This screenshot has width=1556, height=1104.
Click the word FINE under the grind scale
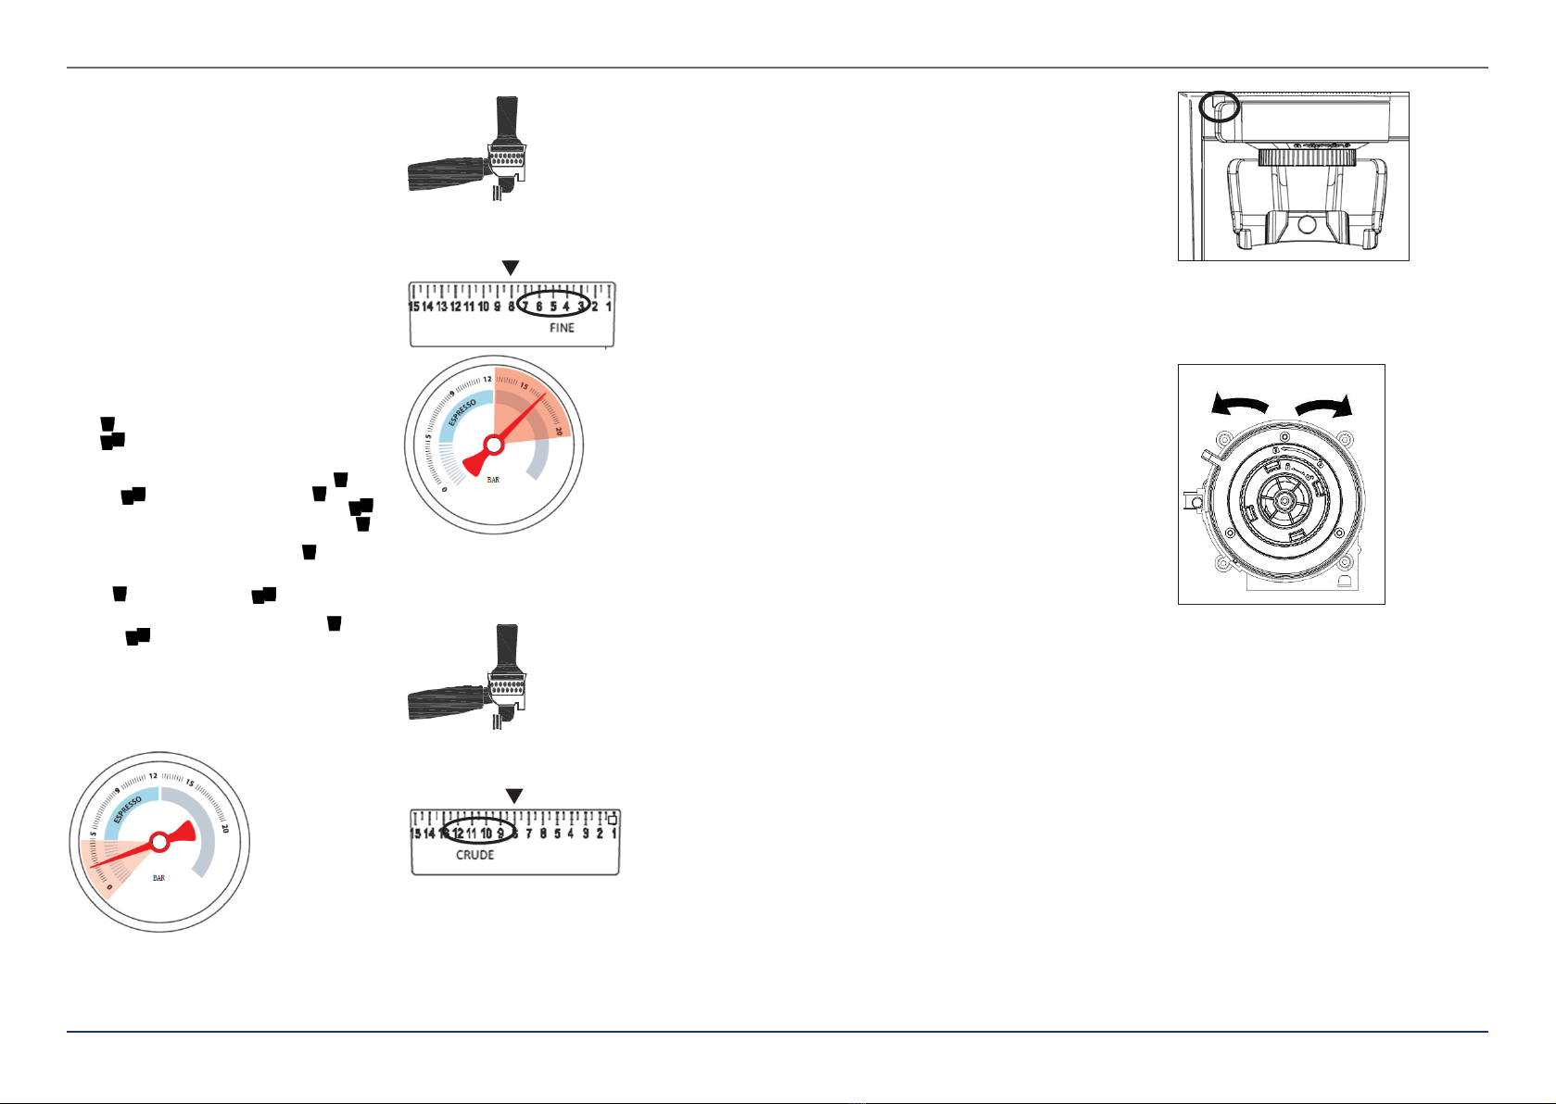pyautogui.click(x=562, y=328)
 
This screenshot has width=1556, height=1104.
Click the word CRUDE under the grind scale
pyautogui.click(x=474, y=855)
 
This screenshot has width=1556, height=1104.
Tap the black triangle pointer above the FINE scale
pyautogui.click(x=511, y=268)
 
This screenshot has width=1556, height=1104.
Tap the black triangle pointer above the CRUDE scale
pyautogui.click(x=514, y=797)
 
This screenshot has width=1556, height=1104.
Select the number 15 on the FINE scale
pyautogui.click(x=413, y=307)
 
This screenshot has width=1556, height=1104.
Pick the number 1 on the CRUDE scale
pyautogui.click(x=614, y=834)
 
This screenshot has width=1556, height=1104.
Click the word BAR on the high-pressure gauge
pyautogui.click(x=493, y=480)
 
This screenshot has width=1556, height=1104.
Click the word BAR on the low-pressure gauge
pyautogui.click(x=158, y=878)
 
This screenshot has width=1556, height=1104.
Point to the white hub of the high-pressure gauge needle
pyautogui.click(x=494, y=445)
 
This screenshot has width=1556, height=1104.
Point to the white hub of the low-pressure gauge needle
pyautogui.click(x=159, y=842)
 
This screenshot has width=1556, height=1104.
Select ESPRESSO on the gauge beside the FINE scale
pyautogui.click(x=462, y=413)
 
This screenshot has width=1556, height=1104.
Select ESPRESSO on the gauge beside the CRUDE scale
pyautogui.click(x=128, y=809)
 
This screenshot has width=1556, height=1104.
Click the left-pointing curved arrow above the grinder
pyautogui.click(x=1239, y=405)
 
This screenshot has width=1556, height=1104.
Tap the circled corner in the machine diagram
pyautogui.click(x=1219, y=106)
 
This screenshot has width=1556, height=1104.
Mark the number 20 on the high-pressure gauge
pyautogui.click(x=559, y=431)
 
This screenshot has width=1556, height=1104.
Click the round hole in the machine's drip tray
pyautogui.click(x=1307, y=224)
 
